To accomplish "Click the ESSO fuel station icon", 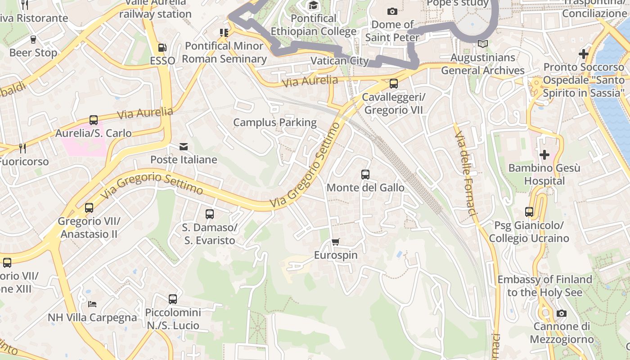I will [162, 47].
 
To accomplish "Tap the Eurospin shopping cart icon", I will [335, 242].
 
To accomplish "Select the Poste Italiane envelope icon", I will [184, 147].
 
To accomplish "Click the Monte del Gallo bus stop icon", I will [365, 174].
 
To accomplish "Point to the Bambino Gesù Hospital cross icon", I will [544, 155].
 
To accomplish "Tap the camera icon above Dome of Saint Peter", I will [392, 11].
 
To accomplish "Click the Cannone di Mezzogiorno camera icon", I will [562, 313].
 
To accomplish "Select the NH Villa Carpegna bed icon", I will [92, 304].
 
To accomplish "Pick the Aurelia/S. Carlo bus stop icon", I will [94, 120].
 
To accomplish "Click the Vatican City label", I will [340, 61].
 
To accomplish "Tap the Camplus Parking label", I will [275, 122].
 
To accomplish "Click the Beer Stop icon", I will [33, 39].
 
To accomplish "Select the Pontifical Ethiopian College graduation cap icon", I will [313, 5].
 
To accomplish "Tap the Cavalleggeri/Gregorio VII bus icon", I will [394, 83].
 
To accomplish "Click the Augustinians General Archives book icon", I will [483, 44].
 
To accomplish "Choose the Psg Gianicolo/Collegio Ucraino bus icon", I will [529, 211].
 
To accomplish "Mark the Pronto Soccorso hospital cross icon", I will [584, 54].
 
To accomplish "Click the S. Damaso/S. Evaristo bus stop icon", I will [210, 214].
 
